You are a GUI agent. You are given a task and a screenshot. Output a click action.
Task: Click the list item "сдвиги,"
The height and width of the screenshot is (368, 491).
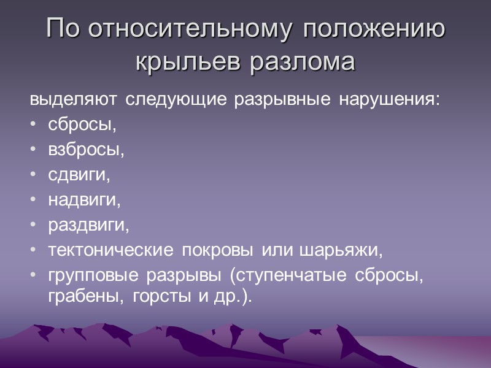tap(79, 176)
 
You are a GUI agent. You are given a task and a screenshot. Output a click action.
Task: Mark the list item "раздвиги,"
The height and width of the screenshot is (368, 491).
tap(89, 226)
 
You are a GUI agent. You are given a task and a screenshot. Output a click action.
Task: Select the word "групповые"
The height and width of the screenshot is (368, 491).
tap(93, 276)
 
